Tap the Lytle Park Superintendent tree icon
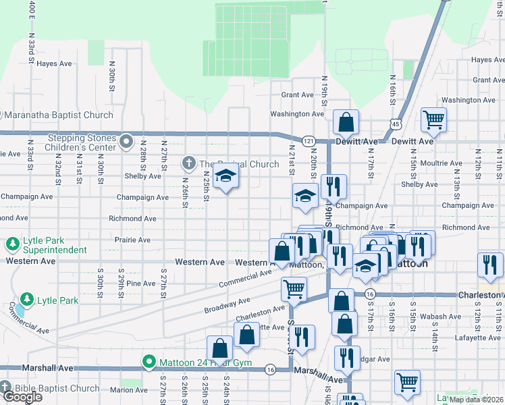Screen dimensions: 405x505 [12, 243]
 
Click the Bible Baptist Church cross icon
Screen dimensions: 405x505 [6, 388]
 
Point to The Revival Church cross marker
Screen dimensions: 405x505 [189, 163]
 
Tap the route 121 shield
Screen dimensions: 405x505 [309, 140]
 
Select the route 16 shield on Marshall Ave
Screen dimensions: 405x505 [270, 369]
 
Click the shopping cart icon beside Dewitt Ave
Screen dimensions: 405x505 [433, 120]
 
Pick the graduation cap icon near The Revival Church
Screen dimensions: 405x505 [225, 178]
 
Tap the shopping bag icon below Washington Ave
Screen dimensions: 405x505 [346, 123]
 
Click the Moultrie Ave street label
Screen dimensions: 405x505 [440, 163]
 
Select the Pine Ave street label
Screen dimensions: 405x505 [140, 283]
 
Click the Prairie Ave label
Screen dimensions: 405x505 [133, 240]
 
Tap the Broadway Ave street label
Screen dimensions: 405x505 [227, 305]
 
